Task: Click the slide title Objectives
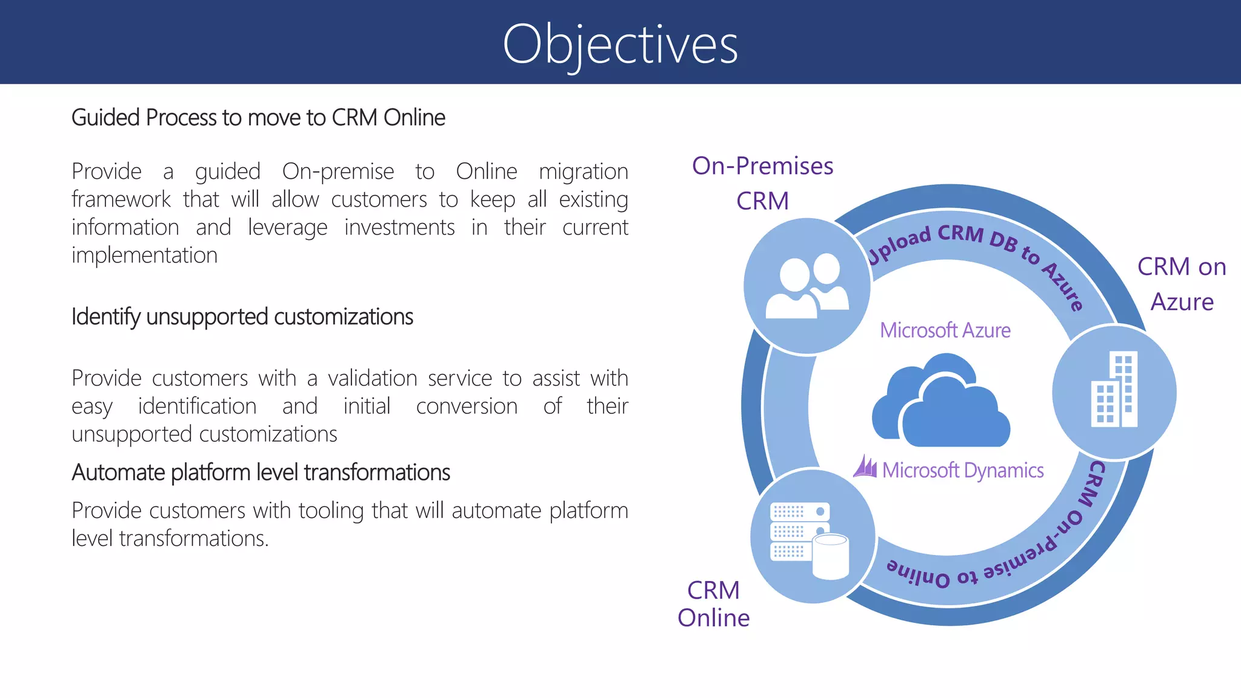[x=620, y=44]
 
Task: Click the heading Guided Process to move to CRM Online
[x=258, y=118]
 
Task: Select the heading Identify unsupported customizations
[x=242, y=317]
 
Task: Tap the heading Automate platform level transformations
[x=261, y=473]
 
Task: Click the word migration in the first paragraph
[x=583, y=172]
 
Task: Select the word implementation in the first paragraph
[x=144, y=255]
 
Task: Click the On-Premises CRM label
[x=762, y=183]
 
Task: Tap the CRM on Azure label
[x=1182, y=284]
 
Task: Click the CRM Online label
[x=713, y=604]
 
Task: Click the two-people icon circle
[x=807, y=286]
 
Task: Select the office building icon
[x=1114, y=391]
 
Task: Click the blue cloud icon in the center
[x=940, y=402]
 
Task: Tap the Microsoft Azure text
[x=945, y=331]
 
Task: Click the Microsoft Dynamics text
[x=962, y=470]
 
